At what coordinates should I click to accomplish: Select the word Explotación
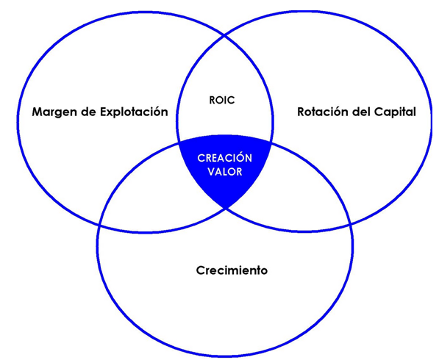click(x=134, y=112)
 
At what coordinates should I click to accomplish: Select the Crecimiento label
click(x=232, y=270)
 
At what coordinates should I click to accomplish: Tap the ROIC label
click(x=222, y=100)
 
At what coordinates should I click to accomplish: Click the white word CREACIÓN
click(x=225, y=157)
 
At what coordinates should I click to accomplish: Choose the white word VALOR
click(x=225, y=171)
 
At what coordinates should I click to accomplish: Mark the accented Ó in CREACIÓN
click(x=238, y=157)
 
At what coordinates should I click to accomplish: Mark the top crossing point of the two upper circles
click(x=224, y=35)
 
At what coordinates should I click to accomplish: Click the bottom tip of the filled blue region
click(x=226, y=208)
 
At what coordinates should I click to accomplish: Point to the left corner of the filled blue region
click(x=179, y=143)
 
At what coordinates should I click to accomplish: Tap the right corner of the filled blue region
click(x=271, y=143)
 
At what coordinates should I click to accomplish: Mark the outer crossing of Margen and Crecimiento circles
click(x=99, y=224)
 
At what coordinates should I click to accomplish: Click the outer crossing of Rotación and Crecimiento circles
click(x=350, y=224)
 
